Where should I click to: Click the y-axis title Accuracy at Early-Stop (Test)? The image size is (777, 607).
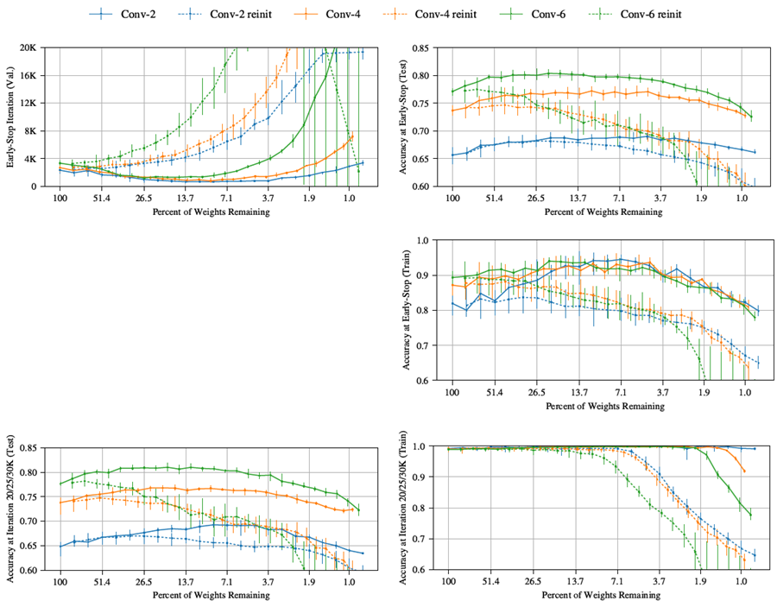[406, 117]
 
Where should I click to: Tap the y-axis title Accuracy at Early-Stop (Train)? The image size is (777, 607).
[406, 311]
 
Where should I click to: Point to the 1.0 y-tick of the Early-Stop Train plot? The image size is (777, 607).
[429, 241]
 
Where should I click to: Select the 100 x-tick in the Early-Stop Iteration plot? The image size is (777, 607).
[60, 199]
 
